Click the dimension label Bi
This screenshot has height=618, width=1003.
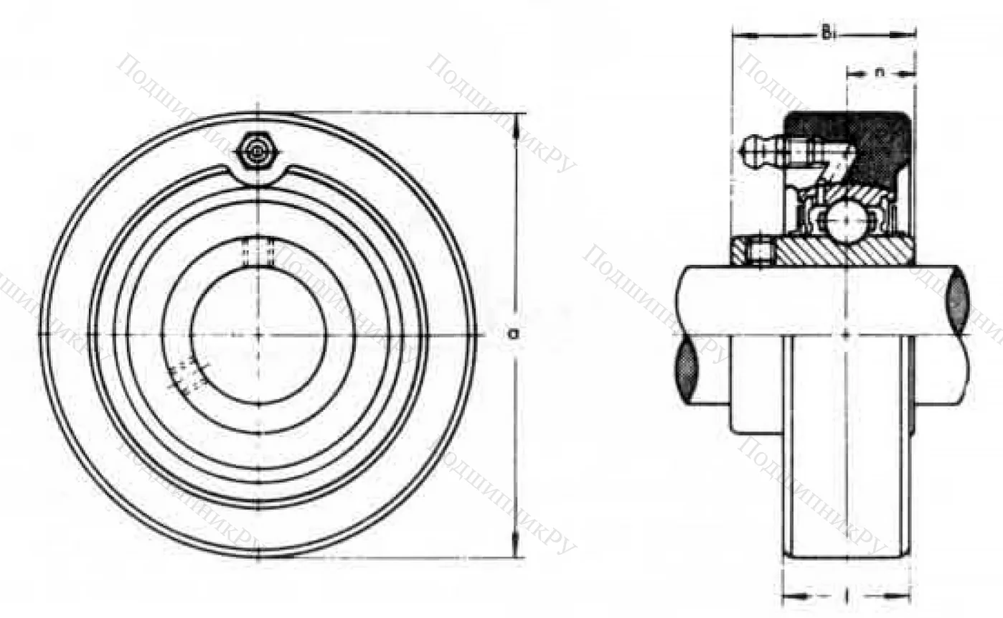coord(827,33)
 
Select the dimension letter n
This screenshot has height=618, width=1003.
coord(880,72)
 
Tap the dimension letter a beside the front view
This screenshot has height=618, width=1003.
coord(512,333)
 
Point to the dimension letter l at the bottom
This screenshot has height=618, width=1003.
coord(847,595)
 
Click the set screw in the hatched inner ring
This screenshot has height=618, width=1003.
coord(762,252)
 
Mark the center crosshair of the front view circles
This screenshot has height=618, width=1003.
coord(258,334)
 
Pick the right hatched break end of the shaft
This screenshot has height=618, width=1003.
coord(958,301)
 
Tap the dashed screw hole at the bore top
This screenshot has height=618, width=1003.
coord(258,252)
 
